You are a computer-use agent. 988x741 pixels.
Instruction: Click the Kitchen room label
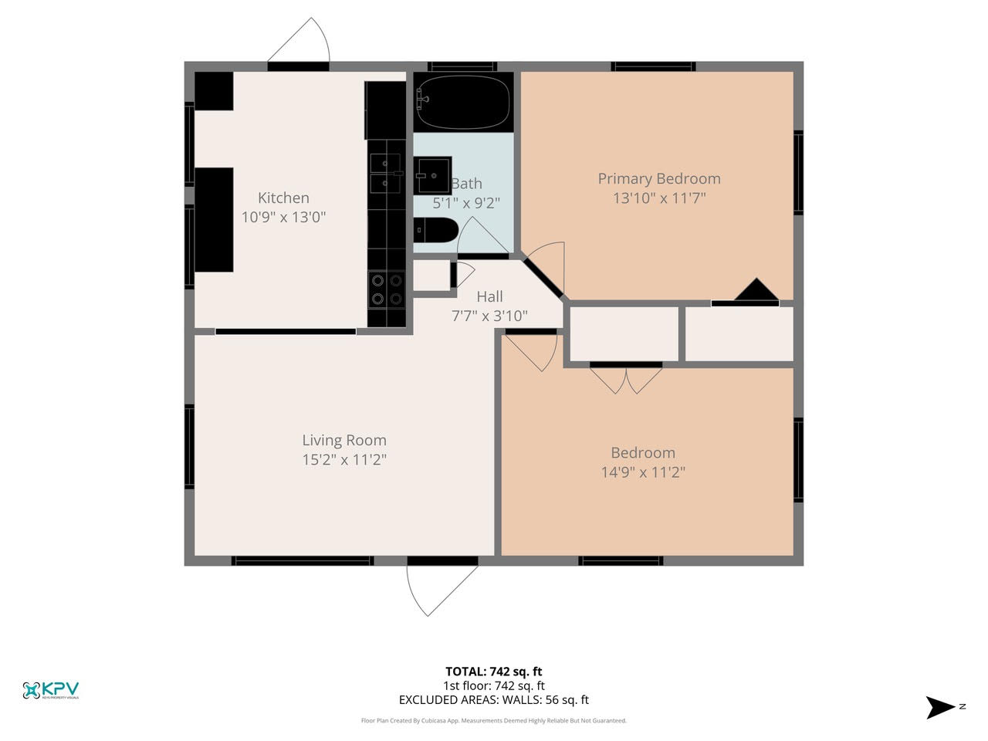coord(283,198)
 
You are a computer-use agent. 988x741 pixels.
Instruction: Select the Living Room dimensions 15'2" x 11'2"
coord(343,460)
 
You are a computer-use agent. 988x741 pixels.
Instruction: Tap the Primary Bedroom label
coord(659,178)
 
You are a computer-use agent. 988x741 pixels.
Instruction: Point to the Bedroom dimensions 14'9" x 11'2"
coord(643,472)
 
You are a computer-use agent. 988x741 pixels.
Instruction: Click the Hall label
coord(489,296)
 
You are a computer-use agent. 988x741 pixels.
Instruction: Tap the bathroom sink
coord(433,176)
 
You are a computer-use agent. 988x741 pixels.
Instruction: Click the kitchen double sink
coord(385,173)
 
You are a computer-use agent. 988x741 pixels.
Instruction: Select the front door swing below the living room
coord(436,587)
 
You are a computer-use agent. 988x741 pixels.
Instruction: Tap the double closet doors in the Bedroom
coord(626,377)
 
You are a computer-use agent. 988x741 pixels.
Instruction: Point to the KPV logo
coord(51,689)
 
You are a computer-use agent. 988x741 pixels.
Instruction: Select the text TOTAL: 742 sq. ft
coord(493,672)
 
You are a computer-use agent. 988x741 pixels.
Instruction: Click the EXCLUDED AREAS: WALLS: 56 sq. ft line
coord(493,700)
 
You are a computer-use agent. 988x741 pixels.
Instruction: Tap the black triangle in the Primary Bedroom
coord(756,290)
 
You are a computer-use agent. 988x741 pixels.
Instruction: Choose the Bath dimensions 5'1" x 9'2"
coord(466,204)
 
